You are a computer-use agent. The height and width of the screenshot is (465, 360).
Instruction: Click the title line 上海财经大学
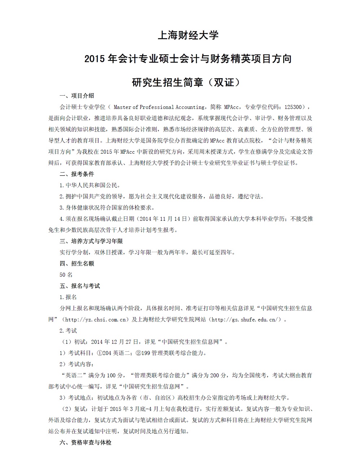click(188, 35)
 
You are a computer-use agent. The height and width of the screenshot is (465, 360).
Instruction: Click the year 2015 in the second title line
click(95, 58)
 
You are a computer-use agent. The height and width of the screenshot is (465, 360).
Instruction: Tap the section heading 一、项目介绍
click(77, 96)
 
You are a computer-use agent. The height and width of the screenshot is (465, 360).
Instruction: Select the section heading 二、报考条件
click(77, 174)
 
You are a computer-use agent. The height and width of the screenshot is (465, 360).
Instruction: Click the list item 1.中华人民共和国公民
click(90, 185)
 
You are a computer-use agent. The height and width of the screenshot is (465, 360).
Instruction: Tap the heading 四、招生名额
click(77, 263)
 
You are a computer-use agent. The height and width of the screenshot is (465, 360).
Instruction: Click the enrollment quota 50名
click(66, 275)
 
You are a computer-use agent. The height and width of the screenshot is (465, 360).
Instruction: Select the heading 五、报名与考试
click(80, 286)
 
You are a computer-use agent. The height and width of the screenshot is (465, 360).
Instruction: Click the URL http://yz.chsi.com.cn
click(95, 320)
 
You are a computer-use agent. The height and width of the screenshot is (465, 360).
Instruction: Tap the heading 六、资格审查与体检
click(85, 442)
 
